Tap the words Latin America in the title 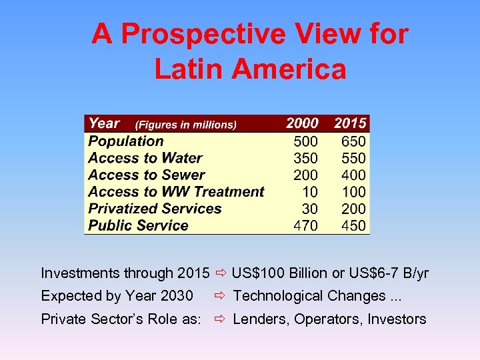250,69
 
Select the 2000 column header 302,123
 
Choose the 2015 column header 350,123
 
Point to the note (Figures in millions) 186,125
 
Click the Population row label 125,141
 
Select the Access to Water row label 145,158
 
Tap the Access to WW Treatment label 176,192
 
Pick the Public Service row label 138,225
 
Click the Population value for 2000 306,141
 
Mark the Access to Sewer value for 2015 353,175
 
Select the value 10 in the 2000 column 310,192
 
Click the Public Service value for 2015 353,225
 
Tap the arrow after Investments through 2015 221,273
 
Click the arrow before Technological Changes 221,296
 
